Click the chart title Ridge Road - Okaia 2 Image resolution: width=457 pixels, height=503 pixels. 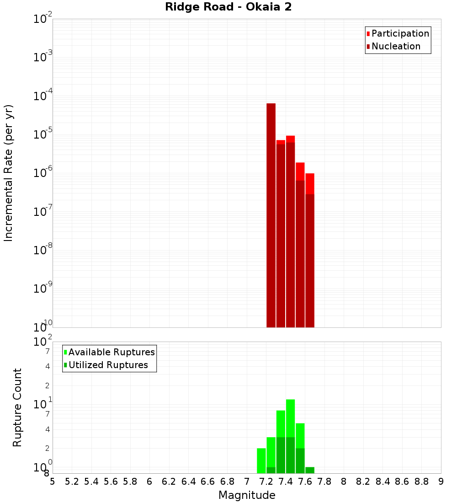click(228, 7)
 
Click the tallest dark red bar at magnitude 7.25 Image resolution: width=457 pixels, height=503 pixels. click(271, 215)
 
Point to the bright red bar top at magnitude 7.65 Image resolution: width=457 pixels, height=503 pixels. click(310, 183)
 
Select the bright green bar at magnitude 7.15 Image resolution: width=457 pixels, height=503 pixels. click(261, 461)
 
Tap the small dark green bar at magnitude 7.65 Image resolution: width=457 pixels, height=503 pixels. click(310, 470)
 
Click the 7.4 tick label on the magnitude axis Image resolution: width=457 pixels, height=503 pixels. click(286, 482)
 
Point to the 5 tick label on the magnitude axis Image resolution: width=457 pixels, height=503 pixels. click(53, 482)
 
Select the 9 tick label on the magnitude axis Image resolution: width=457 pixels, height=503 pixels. click(441, 482)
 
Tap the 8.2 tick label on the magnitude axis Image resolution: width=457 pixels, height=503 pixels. click(363, 482)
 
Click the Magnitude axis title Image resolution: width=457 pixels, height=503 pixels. click(247, 495)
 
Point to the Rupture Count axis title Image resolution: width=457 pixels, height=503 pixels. click(17, 407)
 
